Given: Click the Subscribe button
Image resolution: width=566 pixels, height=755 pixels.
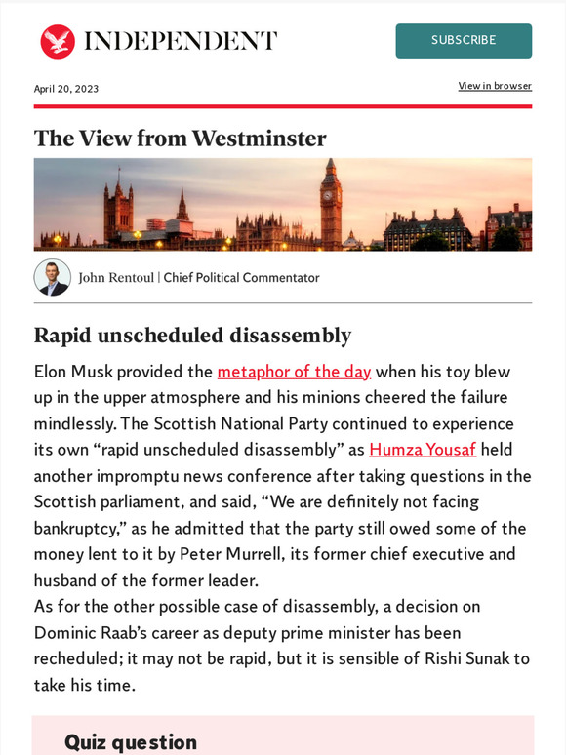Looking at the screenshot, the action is tap(464, 41).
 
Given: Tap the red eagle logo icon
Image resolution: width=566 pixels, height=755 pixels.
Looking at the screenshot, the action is tap(58, 41).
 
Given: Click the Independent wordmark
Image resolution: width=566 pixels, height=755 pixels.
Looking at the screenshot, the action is tap(181, 41).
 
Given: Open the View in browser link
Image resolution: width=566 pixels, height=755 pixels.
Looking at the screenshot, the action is tap(495, 86).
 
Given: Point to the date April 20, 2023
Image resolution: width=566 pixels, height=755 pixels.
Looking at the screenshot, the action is tap(66, 89).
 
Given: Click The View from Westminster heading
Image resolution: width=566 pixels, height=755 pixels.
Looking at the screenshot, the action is tap(180, 138).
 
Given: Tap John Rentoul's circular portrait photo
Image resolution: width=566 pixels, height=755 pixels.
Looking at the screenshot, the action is tap(52, 277).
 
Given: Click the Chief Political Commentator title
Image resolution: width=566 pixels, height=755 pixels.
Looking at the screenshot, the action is tap(241, 278).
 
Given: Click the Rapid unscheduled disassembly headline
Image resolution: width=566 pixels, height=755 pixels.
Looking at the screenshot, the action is tap(192, 336).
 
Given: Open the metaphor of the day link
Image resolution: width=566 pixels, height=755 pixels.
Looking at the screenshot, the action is tap(294, 372).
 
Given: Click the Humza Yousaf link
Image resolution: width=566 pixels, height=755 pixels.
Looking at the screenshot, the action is tap(423, 451).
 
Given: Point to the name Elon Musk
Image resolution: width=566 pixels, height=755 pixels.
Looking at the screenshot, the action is tap(76, 372).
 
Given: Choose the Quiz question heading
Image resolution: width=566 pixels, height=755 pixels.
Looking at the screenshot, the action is tap(131, 742).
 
